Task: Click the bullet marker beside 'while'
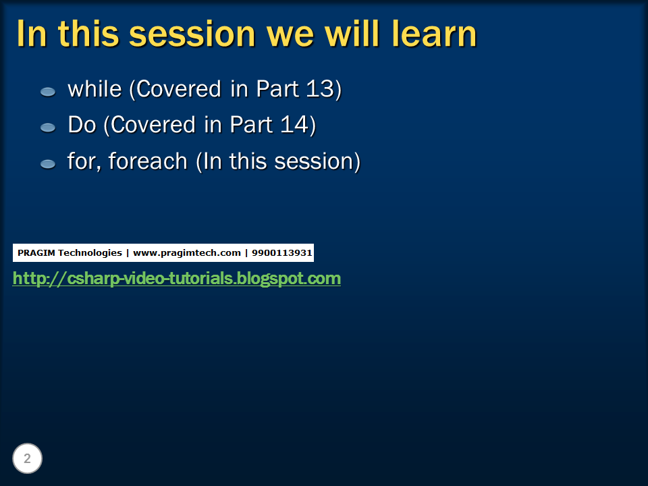coord(48,92)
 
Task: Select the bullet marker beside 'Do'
coord(48,128)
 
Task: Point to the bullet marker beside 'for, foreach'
coord(48,164)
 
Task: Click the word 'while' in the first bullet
coord(94,88)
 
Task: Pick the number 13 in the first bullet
coord(320,88)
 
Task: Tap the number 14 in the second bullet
coord(294,124)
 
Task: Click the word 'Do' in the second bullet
coord(82,124)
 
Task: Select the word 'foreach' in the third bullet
coord(148,161)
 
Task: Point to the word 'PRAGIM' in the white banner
coord(35,253)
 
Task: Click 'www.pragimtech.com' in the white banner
coord(187,253)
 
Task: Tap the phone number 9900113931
coord(282,253)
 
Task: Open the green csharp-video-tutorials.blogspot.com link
coord(176,278)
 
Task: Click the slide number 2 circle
coord(27,458)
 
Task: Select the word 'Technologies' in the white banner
coord(90,253)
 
